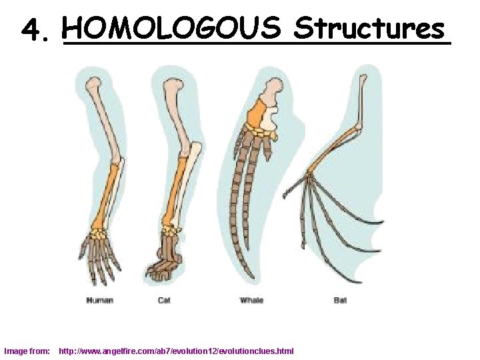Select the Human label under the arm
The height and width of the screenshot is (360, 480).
pyautogui.click(x=99, y=301)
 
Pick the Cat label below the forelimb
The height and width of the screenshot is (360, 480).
pyautogui.click(x=164, y=301)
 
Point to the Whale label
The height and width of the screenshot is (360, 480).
pyautogui.click(x=251, y=301)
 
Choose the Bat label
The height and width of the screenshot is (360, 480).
pyautogui.click(x=340, y=301)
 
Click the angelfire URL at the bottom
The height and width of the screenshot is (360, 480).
pyautogui.click(x=176, y=351)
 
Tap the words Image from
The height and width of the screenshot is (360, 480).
pyautogui.click(x=27, y=351)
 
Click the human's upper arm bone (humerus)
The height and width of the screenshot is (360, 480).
pyautogui.click(x=103, y=120)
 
